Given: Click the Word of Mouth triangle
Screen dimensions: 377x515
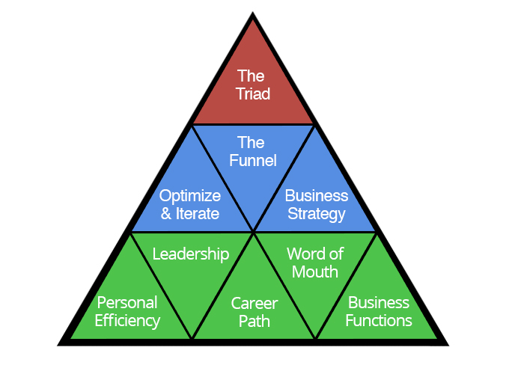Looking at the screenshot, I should tap(314, 262).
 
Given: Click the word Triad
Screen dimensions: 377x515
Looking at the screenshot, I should tap(253, 94).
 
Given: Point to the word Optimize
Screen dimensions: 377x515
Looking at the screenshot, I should tap(190, 196).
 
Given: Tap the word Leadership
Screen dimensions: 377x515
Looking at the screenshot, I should tap(191, 254).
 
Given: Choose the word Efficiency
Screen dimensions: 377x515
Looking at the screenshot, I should tap(127, 322).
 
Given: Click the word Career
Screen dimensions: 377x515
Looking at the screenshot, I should tap(255, 304).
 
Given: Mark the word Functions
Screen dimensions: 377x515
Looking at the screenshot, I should tap(379, 321).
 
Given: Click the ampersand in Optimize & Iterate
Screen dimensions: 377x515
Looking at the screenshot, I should tap(166, 214).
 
